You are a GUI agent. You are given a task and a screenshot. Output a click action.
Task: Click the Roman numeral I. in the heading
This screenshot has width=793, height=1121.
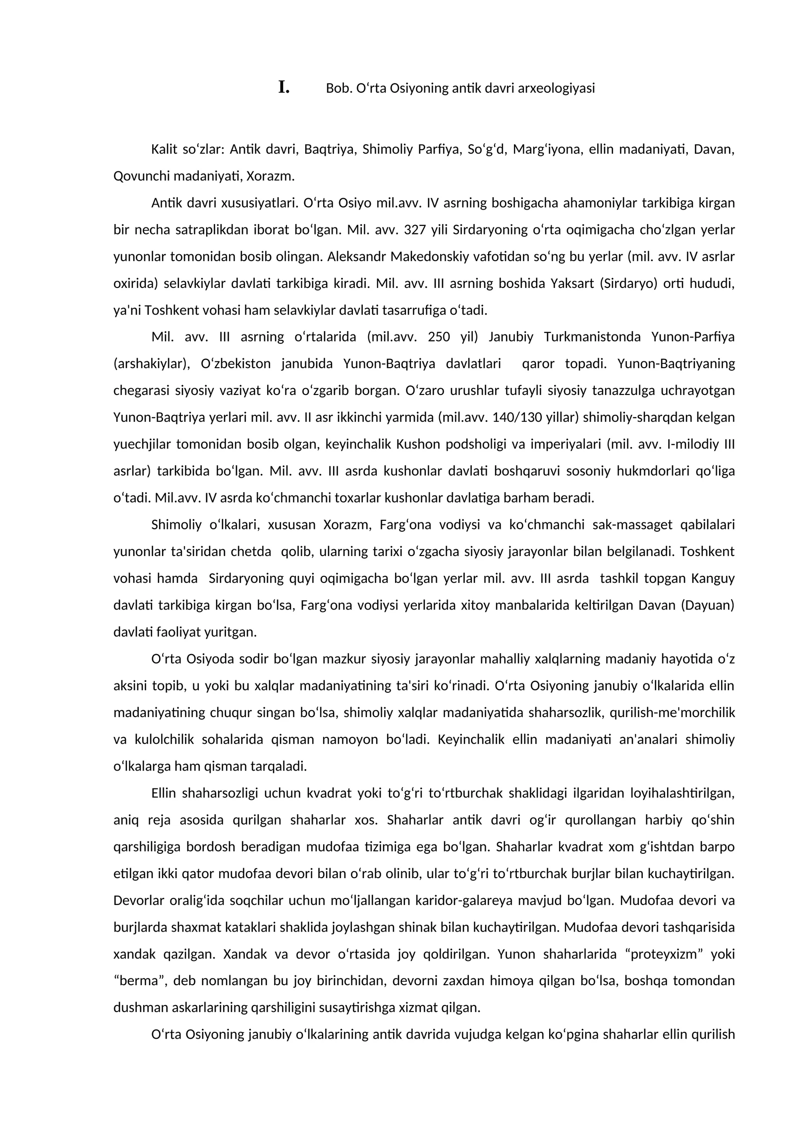click(283, 88)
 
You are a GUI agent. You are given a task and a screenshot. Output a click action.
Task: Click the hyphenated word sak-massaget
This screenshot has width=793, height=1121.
click(630, 524)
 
